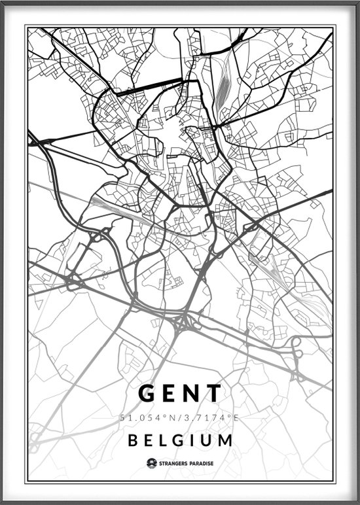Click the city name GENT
tap(180, 393)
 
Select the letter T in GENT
tap(214, 393)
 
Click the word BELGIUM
tap(180, 440)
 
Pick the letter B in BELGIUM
tap(133, 440)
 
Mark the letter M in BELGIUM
tap(225, 440)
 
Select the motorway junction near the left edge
tap(70, 282)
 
